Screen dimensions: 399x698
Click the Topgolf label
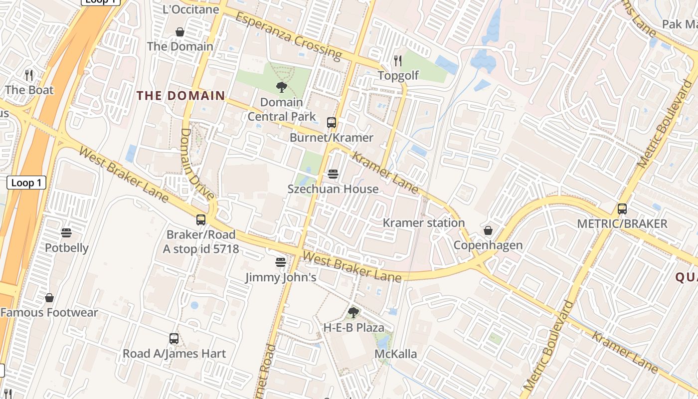(398, 75)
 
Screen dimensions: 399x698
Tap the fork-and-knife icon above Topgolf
(398, 61)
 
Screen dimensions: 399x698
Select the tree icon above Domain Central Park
(281, 87)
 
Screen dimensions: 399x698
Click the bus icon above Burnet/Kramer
(332, 123)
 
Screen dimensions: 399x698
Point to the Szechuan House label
(333, 189)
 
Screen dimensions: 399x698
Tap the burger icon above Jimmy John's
(281, 262)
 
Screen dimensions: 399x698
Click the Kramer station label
(423, 223)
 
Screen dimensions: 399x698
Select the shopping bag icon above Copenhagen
(488, 230)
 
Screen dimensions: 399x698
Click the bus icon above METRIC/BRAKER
(622, 209)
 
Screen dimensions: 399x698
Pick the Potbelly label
(67, 248)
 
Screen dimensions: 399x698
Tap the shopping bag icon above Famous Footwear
(49, 298)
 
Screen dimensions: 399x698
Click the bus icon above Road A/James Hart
(174, 339)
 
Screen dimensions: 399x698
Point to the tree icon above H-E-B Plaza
(353, 313)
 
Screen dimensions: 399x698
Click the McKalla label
(396, 354)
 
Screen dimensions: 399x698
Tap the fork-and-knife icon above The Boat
(29, 75)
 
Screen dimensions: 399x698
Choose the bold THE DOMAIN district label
(181, 96)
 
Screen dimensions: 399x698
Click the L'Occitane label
(191, 9)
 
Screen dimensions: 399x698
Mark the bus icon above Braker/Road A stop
(201, 220)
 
